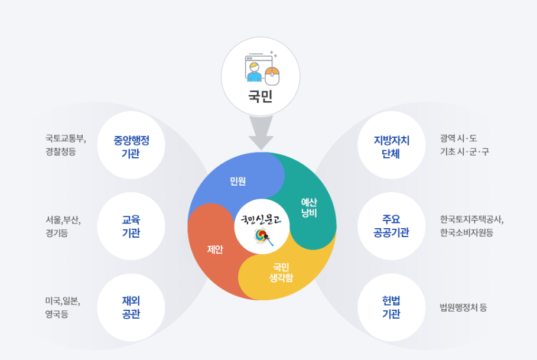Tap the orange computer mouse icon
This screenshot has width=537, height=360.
[272, 75]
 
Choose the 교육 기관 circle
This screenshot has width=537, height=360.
[131, 226]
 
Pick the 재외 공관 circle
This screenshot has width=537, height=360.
[131, 307]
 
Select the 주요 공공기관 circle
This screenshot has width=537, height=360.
[391, 226]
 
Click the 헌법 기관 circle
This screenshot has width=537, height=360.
[391, 307]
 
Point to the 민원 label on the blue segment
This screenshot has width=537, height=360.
[239, 180]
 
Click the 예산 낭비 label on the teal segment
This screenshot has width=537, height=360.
[309, 207]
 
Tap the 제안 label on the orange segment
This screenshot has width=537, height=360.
[215, 249]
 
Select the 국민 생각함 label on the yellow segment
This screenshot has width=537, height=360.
[281, 272]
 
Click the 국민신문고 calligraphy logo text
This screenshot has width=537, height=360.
[261, 220]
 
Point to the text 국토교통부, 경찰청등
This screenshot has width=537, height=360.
[66, 145]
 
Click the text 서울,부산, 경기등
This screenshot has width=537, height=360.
[63, 226]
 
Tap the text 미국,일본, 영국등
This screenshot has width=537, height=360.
[63, 307]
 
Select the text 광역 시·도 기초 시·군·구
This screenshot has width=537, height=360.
[464, 145]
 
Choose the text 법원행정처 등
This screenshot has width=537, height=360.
[463, 307]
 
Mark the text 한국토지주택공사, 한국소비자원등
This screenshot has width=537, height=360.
[471, 226]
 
